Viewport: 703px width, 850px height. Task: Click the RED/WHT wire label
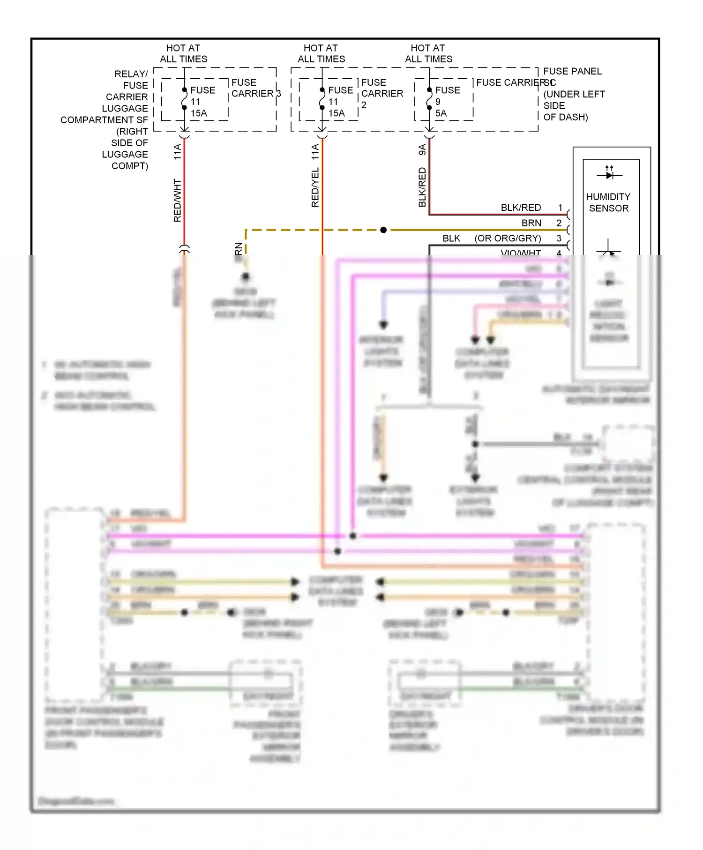coord(177,200)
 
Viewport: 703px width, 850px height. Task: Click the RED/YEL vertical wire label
coord(315,187)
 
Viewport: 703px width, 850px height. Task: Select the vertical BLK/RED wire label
coord(422,187)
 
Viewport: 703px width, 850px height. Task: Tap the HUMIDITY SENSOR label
coord(608,202)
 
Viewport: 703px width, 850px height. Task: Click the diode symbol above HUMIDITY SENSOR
coord(609,175)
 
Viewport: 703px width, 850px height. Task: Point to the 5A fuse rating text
coord(441,113)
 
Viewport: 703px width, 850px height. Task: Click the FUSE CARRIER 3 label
coord(255,88)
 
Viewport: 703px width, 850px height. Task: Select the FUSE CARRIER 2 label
coord(381,93)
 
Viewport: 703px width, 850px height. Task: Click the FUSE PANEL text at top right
coord(572,71)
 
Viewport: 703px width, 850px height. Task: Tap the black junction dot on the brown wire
coord(383,230)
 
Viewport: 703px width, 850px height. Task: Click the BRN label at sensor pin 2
coord(531,223)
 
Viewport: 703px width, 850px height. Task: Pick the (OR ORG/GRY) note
coord(508,239)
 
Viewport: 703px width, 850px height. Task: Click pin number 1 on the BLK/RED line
coord(560,208)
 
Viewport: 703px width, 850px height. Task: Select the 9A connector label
coord(422,149)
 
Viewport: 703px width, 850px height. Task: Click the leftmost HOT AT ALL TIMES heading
coord(183,53)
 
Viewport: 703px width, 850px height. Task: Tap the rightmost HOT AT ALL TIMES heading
coord(428,53)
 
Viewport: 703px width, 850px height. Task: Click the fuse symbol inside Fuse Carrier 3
coord(184,99)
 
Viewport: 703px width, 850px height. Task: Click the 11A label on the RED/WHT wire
coord(177,152)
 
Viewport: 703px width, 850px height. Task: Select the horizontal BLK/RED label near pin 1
coord(521,208)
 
